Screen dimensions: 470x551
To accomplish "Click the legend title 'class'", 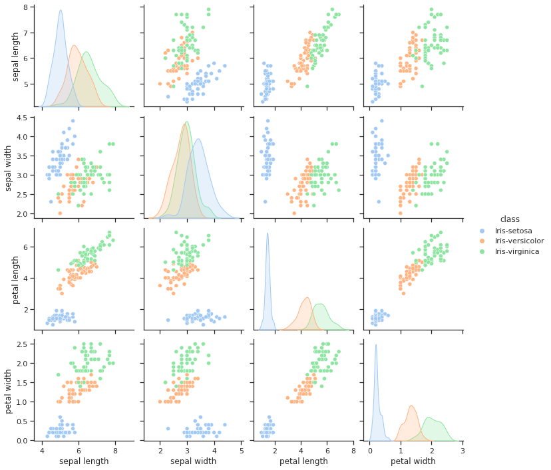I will point(510,219).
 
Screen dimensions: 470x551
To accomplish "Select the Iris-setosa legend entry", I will point(516,230).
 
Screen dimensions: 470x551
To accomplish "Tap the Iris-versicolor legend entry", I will point(519,241).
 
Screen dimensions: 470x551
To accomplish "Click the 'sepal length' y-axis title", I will point(16,57).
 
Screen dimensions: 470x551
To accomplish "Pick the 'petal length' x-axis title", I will point(303,461).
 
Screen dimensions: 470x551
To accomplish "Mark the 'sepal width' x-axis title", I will point(193,461).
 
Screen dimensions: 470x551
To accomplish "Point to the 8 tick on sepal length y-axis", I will point(26,7).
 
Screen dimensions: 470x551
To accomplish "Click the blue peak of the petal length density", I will point(268,233).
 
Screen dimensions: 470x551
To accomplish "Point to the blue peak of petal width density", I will point(376,344).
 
